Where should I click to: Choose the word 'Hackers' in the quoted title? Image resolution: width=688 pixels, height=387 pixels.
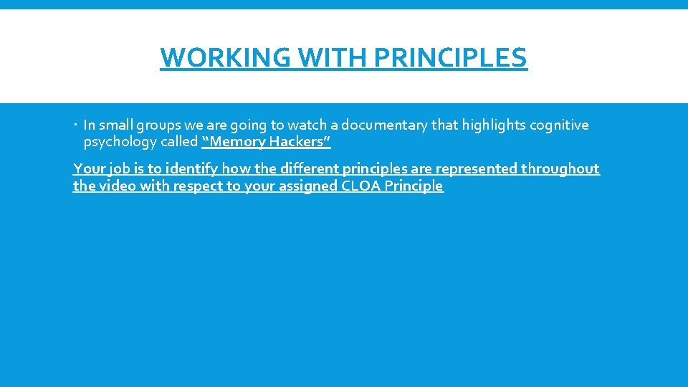299,142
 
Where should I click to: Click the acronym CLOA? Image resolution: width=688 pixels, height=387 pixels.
363,186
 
